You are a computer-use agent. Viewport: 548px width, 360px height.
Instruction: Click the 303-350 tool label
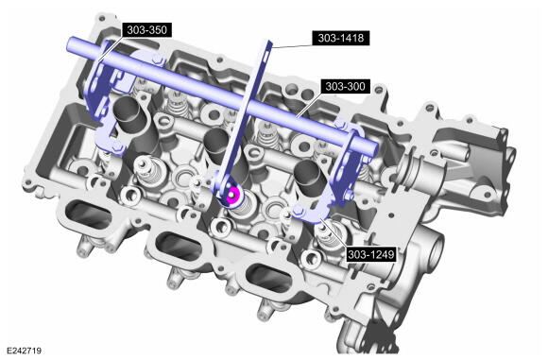click(x=146, y=29)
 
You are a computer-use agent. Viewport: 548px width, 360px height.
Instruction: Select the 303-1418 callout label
click(x=341, y=38)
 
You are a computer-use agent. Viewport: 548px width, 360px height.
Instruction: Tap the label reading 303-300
click(x=345, y=86)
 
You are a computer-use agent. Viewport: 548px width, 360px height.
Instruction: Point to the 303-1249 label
click(x=370, y=254)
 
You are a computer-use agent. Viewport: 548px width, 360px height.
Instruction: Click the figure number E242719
click(x=25, y=351)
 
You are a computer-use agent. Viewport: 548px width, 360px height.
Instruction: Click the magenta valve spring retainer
click(x=232, y=196)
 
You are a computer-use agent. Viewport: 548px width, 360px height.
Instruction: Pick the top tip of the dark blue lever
click(x=269, y=42)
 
